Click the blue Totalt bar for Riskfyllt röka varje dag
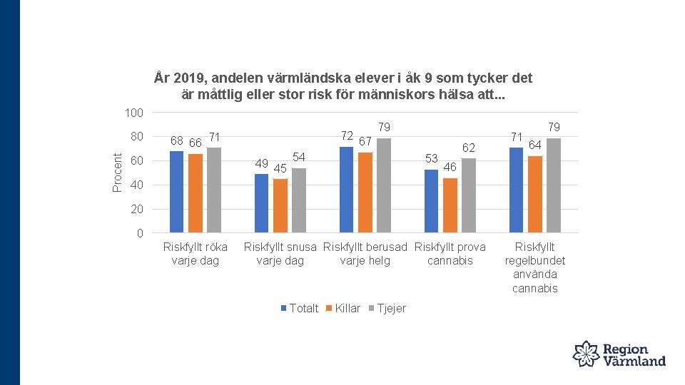[x=176, y=192]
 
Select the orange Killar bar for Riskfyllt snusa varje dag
[x=280, y=205]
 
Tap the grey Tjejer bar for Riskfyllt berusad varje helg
[x=384, y=185]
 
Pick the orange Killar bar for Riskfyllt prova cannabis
[x=450, y=205]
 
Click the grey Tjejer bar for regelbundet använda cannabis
[x=554, y=185]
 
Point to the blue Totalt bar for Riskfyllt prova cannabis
[x=431, y=201]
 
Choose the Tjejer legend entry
[x=387, y=308]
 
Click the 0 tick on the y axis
[x=139, y=234]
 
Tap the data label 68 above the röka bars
[x=177, y=141]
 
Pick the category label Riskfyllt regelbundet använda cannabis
[x=534, y=267]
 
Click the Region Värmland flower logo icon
[x=587, y=354]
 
